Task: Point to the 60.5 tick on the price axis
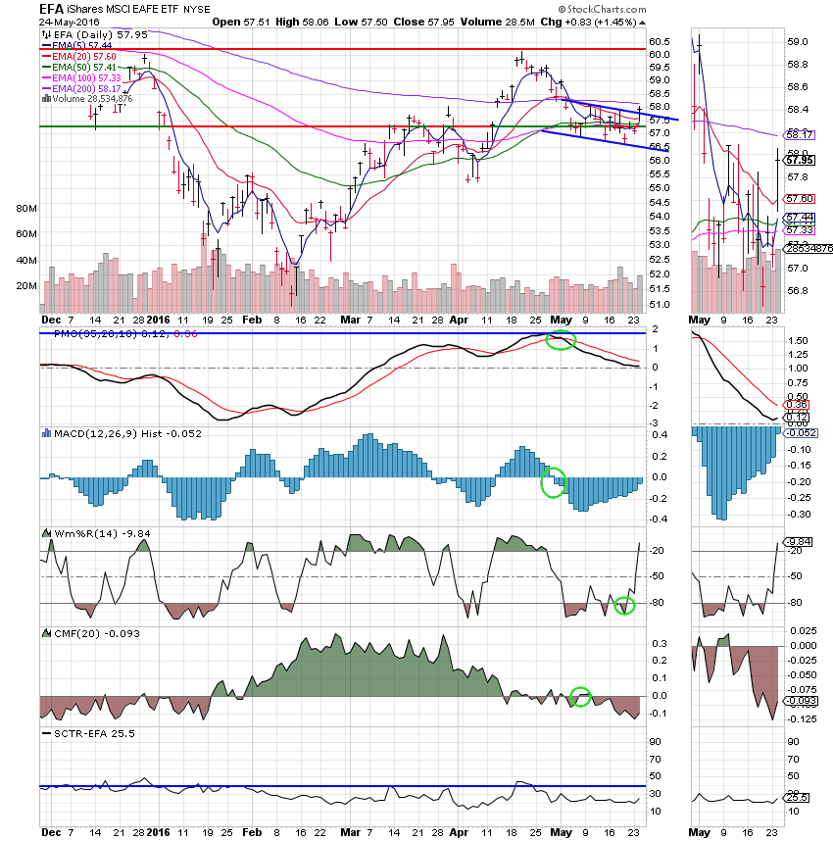pyautogui.click(x=660, y=41)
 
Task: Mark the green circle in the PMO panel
pyautogui.click(x=560, y=341)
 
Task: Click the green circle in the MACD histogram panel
pyautogui.click(x=554, y=481)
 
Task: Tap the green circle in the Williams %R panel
pyautogui.click(x=624, y=606)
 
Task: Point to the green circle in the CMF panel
pyautogui.click(x=581, y=697)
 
